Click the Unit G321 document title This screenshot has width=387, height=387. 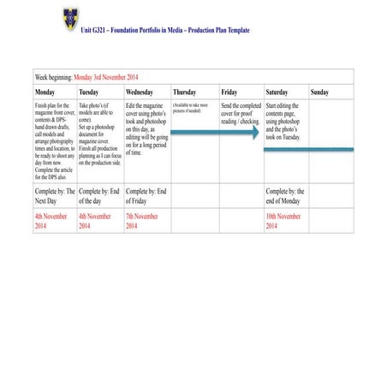[x=165, y=29]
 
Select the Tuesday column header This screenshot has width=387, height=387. [x=90, y=92]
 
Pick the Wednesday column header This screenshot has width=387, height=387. [x=140, y=92]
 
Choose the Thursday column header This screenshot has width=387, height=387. [x=184, y=92]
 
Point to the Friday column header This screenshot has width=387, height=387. [x=229, y=92]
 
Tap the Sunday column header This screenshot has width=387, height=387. [x=319, y=92]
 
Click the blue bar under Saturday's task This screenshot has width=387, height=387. [x=308, y=149]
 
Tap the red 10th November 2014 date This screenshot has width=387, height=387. [x=283, y=221]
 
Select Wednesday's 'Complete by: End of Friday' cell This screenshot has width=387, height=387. [x=146, y=196]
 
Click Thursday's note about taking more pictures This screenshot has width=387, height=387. [x=190, y=108]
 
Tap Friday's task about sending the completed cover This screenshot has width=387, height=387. [x=240, y=113]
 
